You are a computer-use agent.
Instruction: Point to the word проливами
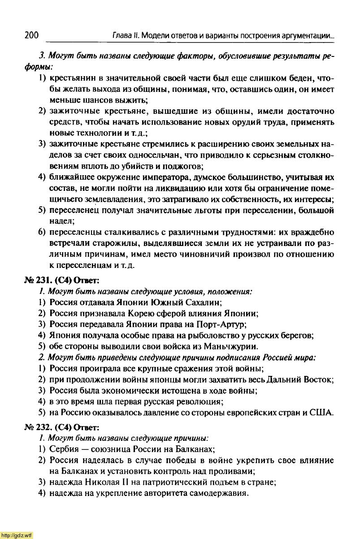pos(235,471)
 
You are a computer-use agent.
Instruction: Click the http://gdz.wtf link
pos(17,535)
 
